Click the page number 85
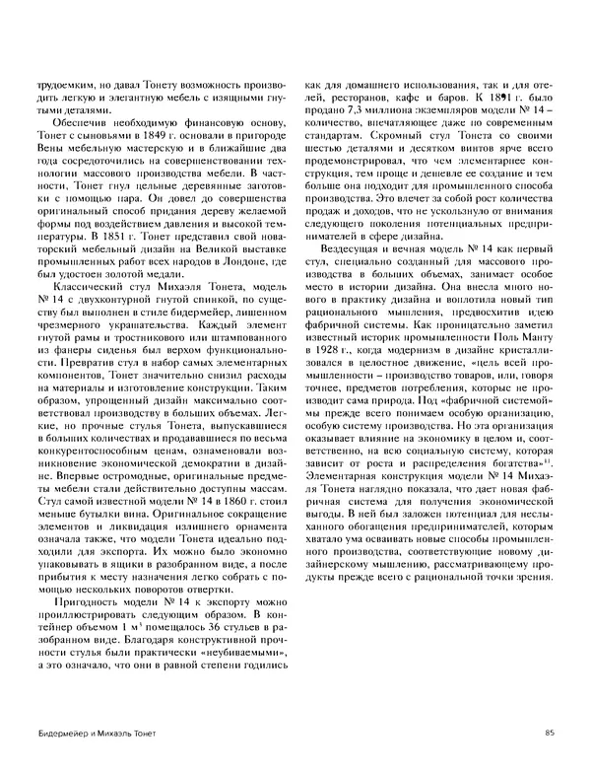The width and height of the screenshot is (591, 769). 548,731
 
